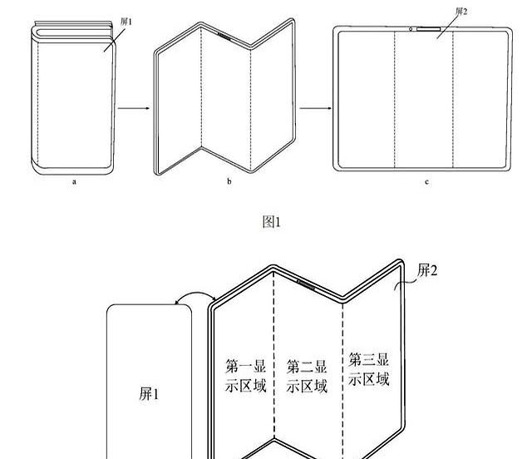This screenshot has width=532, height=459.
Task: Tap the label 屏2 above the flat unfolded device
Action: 461,12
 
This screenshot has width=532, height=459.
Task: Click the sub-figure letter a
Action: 73,181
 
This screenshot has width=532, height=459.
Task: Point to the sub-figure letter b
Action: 229,181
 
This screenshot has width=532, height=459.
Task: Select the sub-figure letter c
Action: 426,181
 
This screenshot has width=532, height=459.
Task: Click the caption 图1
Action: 272,221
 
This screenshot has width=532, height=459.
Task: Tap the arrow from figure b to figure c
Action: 314,108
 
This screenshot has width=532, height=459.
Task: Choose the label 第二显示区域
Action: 307,376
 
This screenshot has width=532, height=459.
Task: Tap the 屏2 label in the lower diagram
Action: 428,269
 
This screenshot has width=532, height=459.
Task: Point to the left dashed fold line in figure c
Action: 394,100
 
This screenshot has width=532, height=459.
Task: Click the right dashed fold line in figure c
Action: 454,100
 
